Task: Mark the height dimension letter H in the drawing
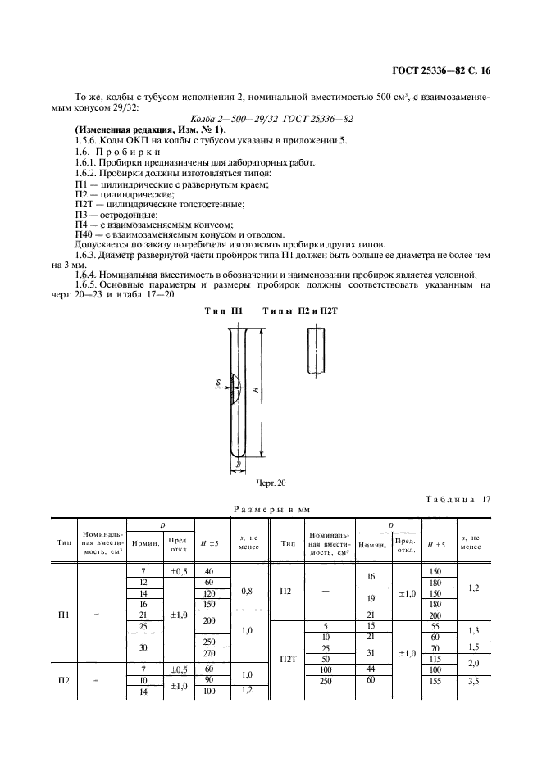(257, 391)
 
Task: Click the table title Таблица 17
(458, 500)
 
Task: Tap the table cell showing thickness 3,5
(473, 681)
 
